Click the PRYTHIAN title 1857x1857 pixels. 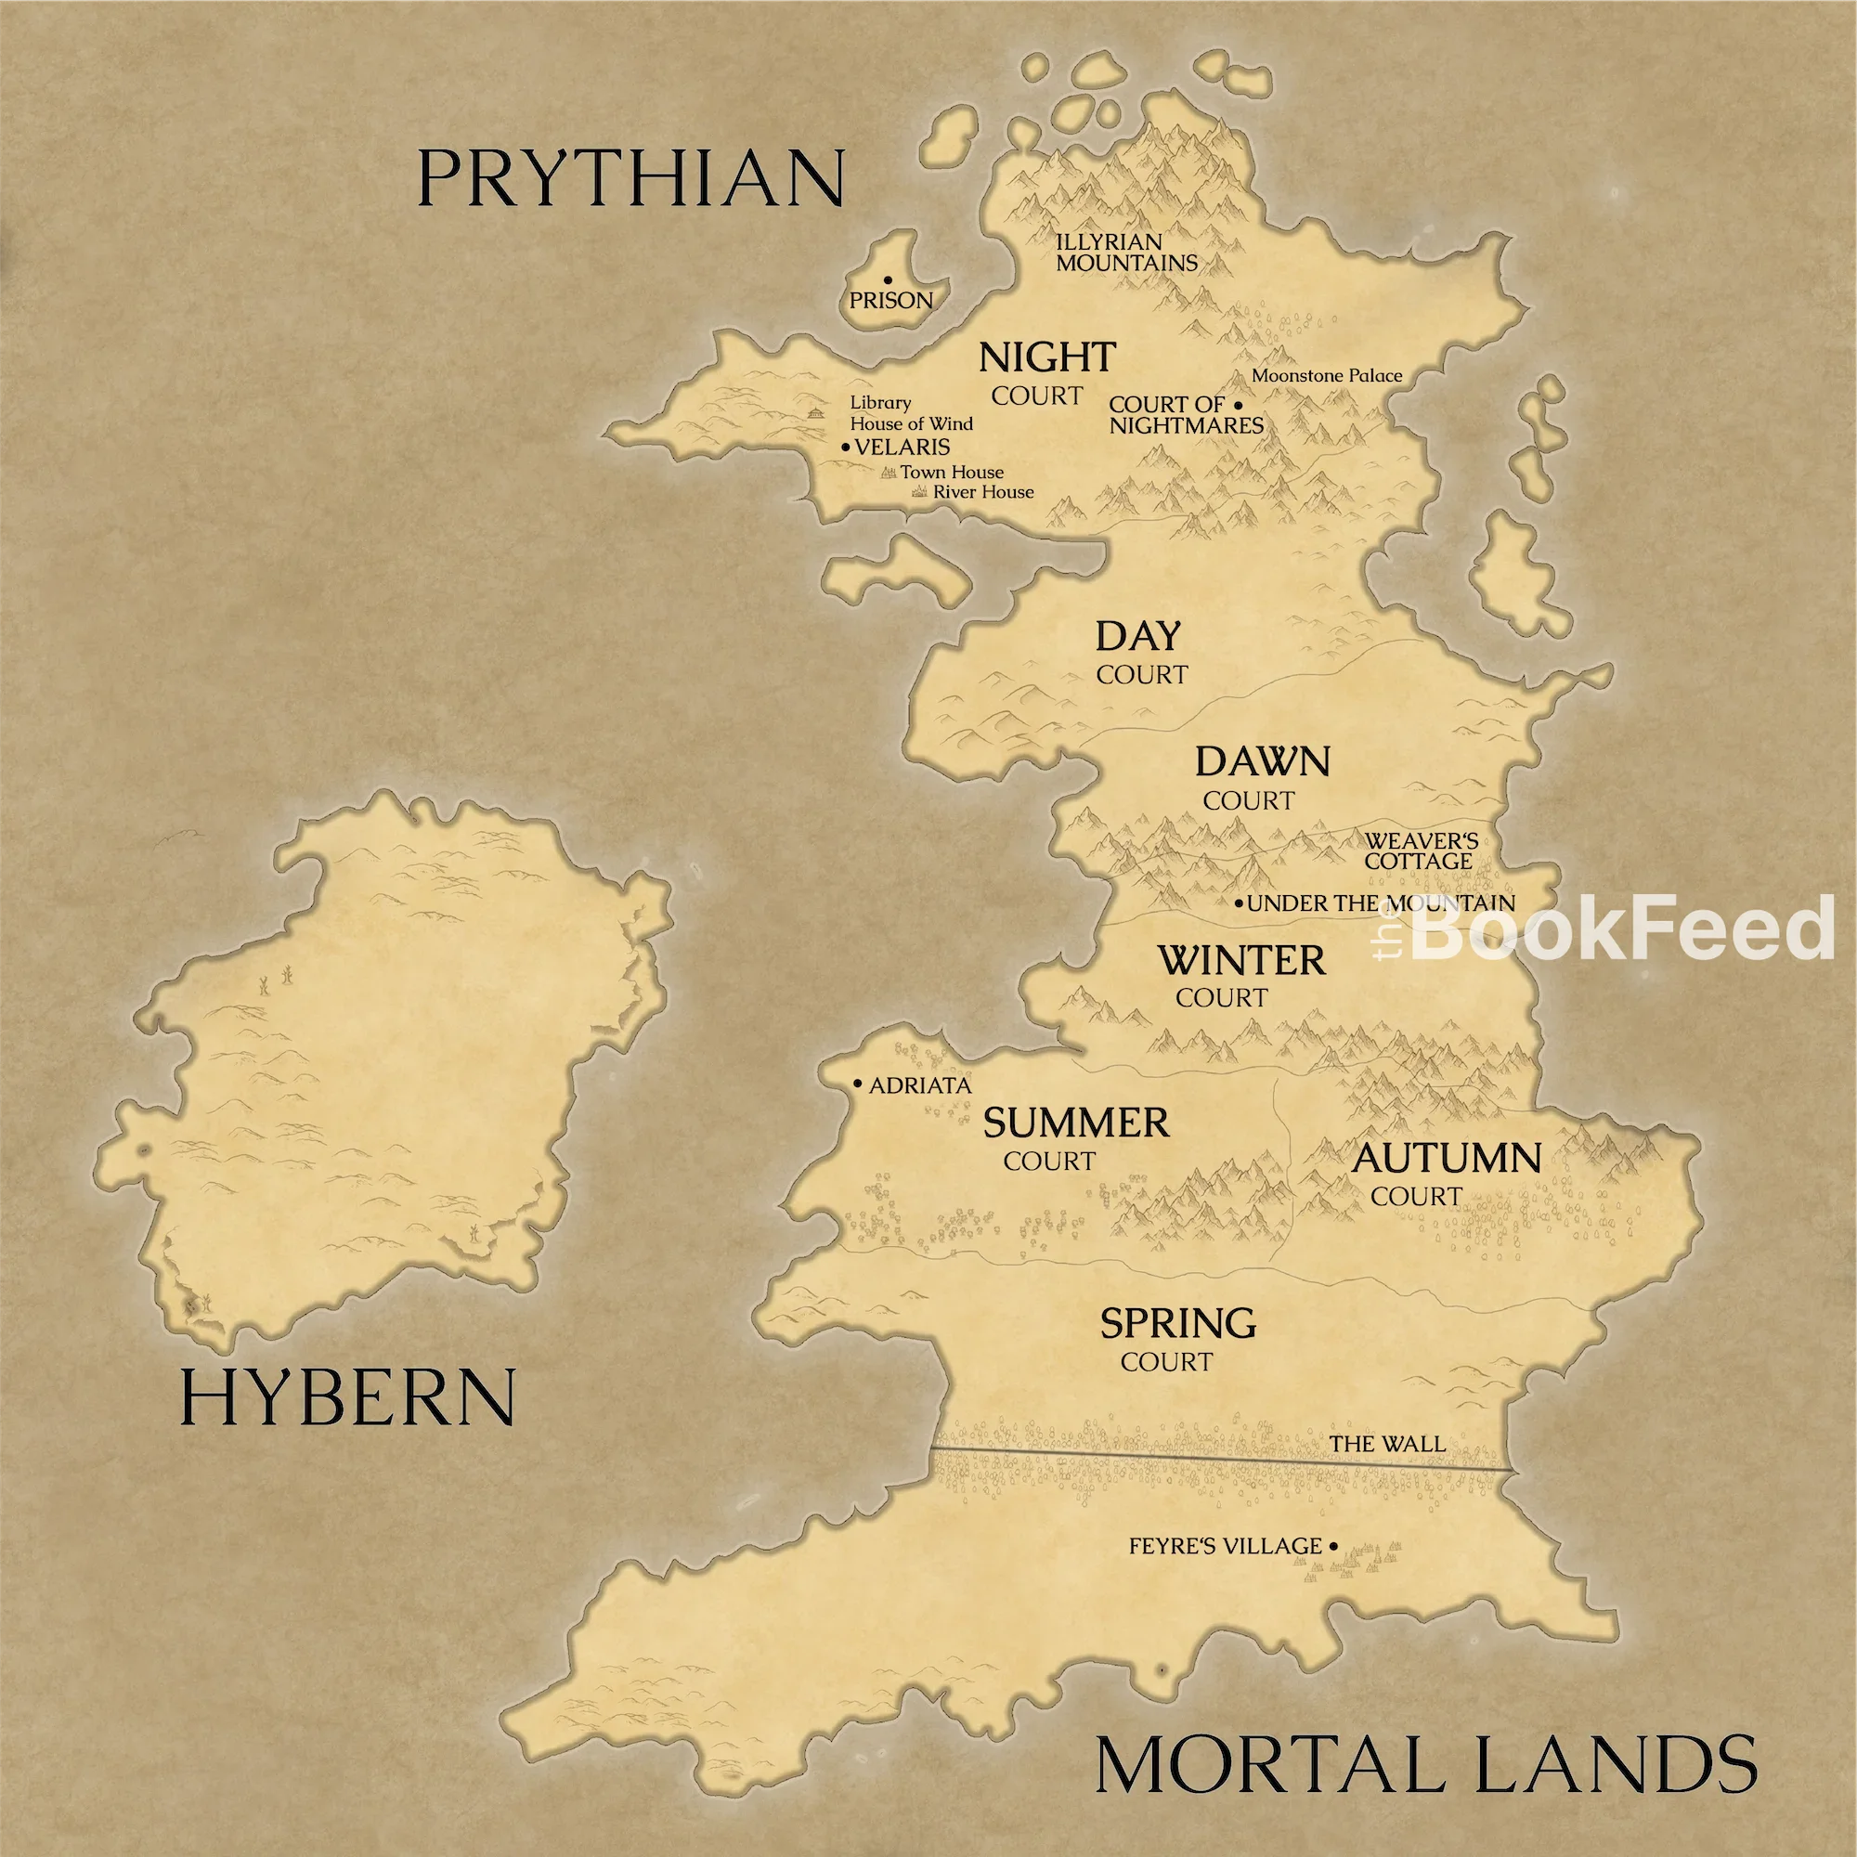click(630, 179)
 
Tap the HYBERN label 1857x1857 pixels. click(348, 1398)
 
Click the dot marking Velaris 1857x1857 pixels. click(846, 447)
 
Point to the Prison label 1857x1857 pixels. click(891, 301)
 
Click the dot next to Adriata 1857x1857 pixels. click(857, 1084)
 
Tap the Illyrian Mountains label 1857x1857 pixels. click(1126, 253)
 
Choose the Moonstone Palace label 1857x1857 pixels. click(1327, 376)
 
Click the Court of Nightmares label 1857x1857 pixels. click(1185, 415)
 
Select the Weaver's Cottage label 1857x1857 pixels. click(1421, 851)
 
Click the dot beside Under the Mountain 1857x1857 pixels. click(1239, 903)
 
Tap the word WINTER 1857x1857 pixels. click(1240, 960)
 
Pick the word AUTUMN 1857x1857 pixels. click(1447, 1158)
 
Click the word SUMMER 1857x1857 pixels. click(1075, 1123)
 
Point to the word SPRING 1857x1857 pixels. click(1177, 1323)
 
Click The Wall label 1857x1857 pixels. click(1387, 1444)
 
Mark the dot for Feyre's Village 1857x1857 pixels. click(1333, 1547)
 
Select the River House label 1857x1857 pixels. click(983, 492)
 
